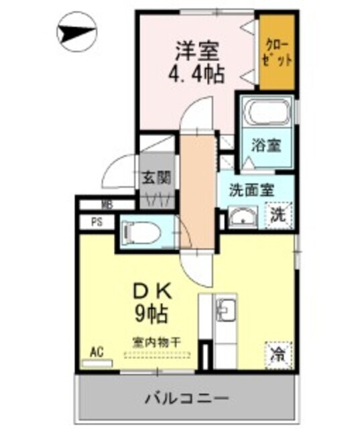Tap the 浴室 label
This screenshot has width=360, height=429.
point(266,145)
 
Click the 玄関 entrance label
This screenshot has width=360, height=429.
point(156,178)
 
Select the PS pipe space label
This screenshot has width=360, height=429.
point(97,223)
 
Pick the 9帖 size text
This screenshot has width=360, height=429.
point(154,313)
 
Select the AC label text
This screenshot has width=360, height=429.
point(97,352)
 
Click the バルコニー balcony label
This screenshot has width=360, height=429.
point(188,398)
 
